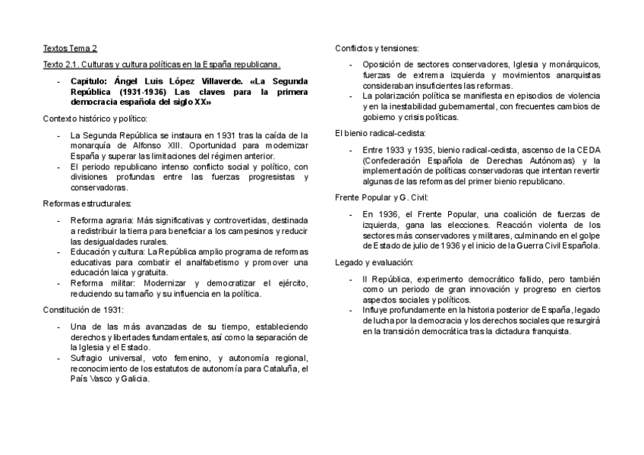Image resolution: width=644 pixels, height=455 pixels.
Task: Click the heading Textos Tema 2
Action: pyautogui.click(x=71, y=48)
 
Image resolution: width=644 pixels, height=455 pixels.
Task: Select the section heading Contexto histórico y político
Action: pyautogui.click(x=95, y=118)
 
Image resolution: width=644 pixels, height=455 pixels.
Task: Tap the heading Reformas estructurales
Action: pyautogui.click(x=87, y=204)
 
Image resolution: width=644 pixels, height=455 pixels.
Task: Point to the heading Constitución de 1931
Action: pyautogui.click(x=83, y=309)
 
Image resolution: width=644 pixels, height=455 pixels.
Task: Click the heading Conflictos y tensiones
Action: pyautogui.click(x=376, y=48)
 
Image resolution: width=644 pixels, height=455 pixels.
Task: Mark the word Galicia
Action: pyautogui.click(x=134, y=379)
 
